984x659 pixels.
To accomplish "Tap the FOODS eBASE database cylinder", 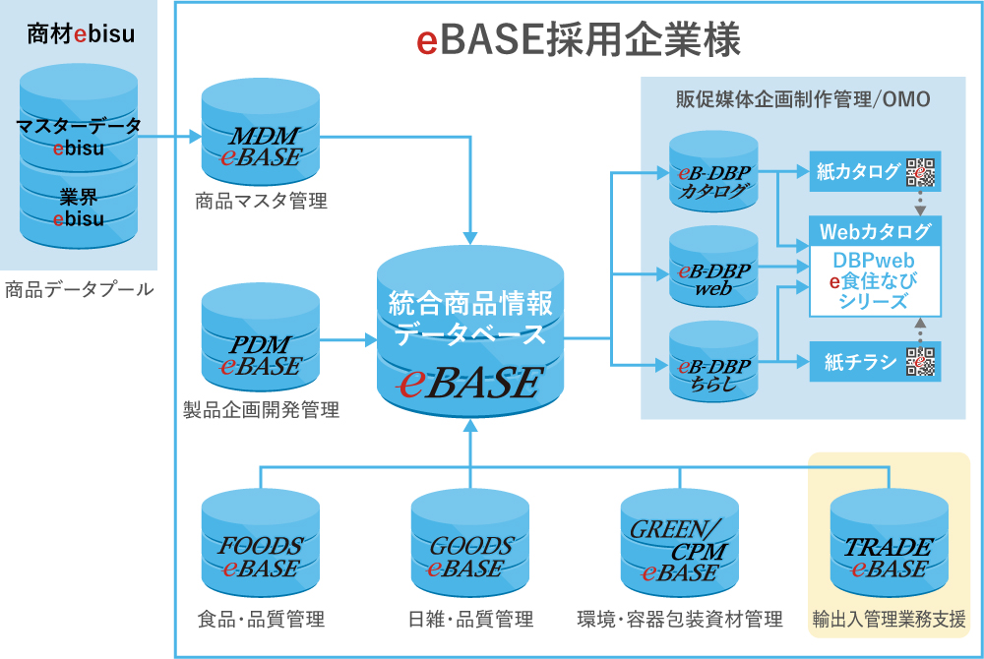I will tap(261, 547).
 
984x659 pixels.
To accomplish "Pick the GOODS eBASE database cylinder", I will tap(470, 547).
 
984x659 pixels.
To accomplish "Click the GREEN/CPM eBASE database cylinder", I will tap(680, 547).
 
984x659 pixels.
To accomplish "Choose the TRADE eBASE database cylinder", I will tap(889, 547).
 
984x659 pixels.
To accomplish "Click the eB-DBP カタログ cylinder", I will tap(713, 176).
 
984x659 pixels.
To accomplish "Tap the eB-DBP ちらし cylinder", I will tap(713, 369).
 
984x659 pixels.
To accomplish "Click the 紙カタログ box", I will tap(857, 172).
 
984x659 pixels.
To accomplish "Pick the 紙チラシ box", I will tap(857, 362).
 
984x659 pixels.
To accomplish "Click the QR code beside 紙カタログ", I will tap(921, 172).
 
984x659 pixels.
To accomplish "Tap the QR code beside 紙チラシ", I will tap(921, 362).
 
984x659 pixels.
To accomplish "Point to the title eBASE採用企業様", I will tap(578, 40).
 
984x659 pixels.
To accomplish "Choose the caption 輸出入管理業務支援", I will tap(889, 620).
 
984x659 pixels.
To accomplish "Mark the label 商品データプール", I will tap(80, 289).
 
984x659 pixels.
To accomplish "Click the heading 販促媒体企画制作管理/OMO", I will tap(803, 99).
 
